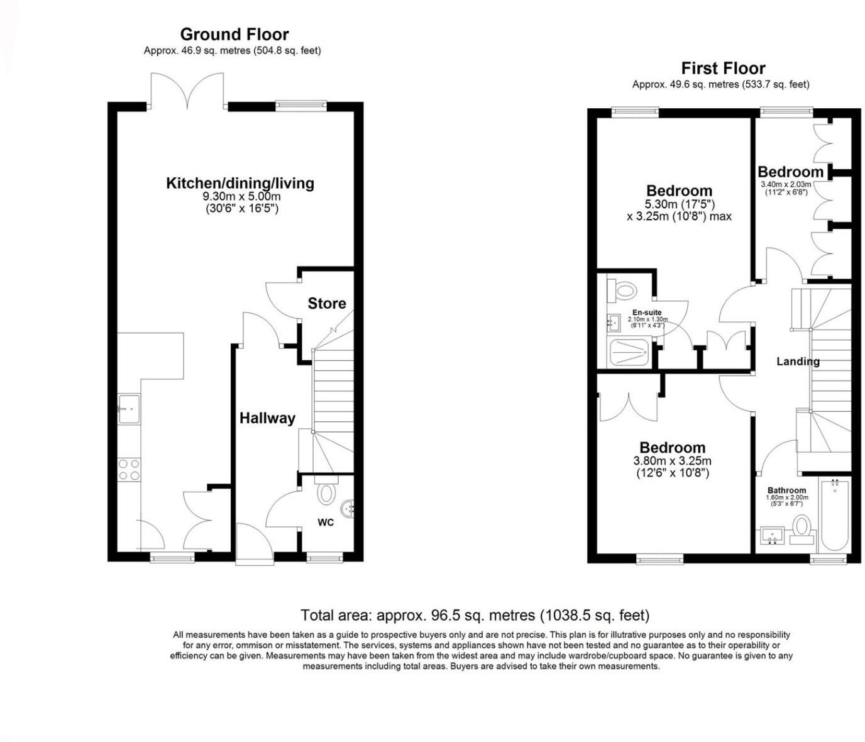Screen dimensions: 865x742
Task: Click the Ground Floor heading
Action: pos(234,34)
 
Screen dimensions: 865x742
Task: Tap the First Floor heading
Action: pos(723,68)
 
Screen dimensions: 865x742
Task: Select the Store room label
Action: pos(327,304)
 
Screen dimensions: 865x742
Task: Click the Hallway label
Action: pos(267,418)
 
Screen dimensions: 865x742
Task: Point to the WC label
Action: pos(326,523)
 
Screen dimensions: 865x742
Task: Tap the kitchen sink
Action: pos(129,409)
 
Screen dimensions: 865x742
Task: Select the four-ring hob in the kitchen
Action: pos(129,470)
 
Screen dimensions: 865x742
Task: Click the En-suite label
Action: pos(647,312)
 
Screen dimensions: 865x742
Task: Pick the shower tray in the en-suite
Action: pos(629,353)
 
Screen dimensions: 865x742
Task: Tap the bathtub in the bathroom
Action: pos(834,516)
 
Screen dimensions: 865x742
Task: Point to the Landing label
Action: pos(798,361)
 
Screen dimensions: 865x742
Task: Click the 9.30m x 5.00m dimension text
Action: pos(242,196)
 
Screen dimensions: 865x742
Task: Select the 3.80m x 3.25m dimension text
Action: pos(672,461)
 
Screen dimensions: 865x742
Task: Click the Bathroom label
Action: pos(787,490)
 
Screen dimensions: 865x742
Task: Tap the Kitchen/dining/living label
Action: pos(240,184)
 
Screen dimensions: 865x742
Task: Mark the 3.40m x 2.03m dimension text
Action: pos(786,185)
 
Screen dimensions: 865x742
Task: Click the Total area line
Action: pos(475,615)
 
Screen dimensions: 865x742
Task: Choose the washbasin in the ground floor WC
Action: pos(348,509)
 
